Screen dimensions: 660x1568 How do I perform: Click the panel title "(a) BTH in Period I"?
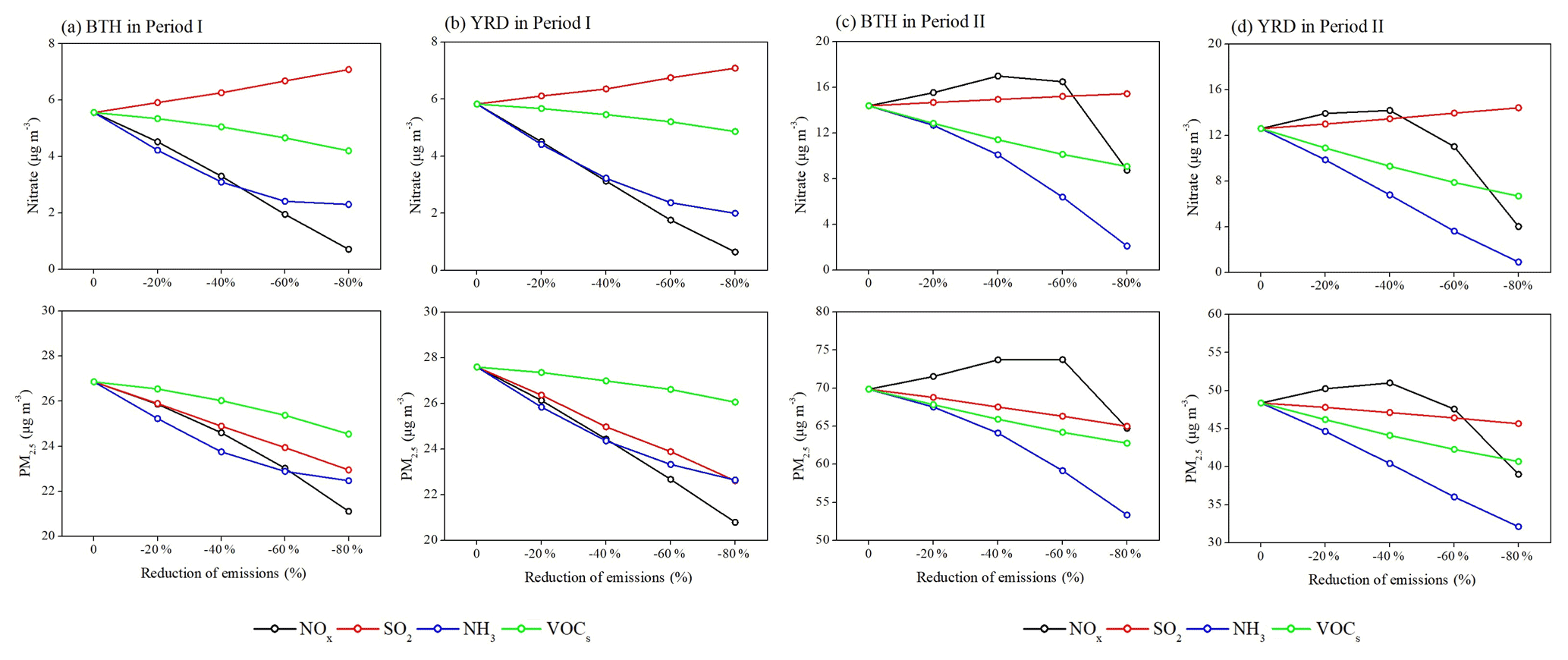pos(132,27)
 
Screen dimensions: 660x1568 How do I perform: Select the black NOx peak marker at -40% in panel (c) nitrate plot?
pos(998,76)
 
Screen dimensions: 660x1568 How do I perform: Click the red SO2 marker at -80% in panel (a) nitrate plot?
pos(348,70)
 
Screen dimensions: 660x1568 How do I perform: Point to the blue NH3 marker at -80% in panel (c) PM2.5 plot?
pos(1127,515)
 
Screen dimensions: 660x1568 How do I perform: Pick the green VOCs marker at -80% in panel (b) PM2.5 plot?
pos(734,402)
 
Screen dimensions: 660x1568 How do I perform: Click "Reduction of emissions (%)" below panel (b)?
pos(608,578)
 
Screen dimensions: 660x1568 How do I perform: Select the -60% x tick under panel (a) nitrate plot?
pos(284,283)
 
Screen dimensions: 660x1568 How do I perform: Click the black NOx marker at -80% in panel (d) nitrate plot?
pos(1518,227)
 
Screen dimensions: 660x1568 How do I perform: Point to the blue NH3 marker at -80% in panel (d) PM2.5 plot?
pos(1518,526)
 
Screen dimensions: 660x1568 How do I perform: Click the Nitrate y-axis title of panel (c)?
pos(800,165)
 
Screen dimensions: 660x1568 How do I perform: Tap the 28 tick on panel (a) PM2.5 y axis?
pos(49,356)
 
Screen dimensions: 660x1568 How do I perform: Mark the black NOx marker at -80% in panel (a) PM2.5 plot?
pos(348,511)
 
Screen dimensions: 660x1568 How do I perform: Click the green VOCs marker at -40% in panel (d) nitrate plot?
pos(1389,166)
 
